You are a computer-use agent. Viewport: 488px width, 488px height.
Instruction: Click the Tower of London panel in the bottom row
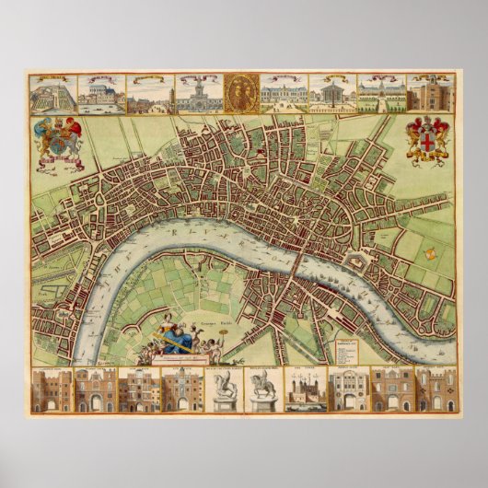tap(304, 389)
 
